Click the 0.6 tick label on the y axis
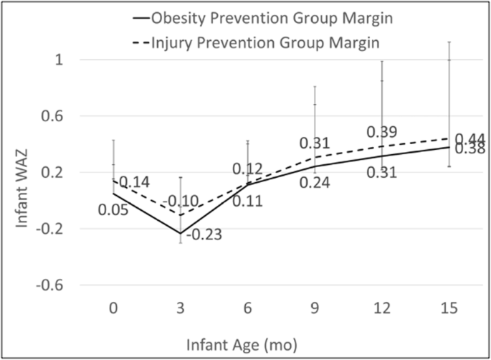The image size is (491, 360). (x=54, y=116)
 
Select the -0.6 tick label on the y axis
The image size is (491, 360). (x=52, y=285)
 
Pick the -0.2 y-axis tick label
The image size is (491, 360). (x=52, y=229)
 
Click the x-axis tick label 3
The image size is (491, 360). (x=179, y=309)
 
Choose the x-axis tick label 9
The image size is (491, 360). (x=315, y=309)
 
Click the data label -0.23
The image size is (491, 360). (x=204, y=235)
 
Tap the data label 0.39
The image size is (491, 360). (x=382, y=133)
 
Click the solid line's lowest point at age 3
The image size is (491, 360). (x=180, y=233)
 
